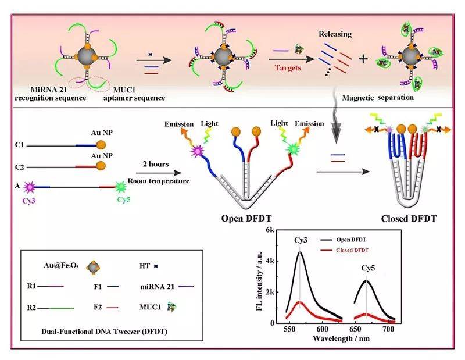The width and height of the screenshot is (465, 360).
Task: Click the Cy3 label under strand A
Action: click(28, 201)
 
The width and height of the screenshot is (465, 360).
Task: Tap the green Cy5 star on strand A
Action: click(120, 187)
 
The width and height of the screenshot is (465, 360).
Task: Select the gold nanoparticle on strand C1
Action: click(101, 145)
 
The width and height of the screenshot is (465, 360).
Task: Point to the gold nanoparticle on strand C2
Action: click(101, 166)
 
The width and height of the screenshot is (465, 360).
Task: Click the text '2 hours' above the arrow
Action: click(156, 164)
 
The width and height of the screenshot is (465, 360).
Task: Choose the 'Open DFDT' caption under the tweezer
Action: click(246, 219)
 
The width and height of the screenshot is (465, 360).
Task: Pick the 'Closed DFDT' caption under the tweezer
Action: click(409, 219)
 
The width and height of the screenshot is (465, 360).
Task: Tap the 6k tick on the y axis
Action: click(270, 230)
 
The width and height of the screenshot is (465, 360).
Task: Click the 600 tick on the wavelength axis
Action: click(322, 329)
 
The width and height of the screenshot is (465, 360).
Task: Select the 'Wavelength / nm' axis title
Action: click(341, 338)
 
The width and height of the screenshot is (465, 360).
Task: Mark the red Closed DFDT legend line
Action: click(326, 251)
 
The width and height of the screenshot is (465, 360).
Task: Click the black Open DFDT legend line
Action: click(326, 240)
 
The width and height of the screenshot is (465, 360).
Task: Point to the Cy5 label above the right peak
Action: click(368, 268)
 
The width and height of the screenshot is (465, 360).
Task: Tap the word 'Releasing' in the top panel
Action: click(335, 34)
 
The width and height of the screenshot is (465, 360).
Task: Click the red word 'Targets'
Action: click(288, 68)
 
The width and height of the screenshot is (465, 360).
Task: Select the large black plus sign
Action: click(363, 59)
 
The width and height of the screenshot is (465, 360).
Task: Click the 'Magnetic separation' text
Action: click(378, 98)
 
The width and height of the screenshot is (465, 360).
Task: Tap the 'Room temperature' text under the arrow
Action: click(158, 181)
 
